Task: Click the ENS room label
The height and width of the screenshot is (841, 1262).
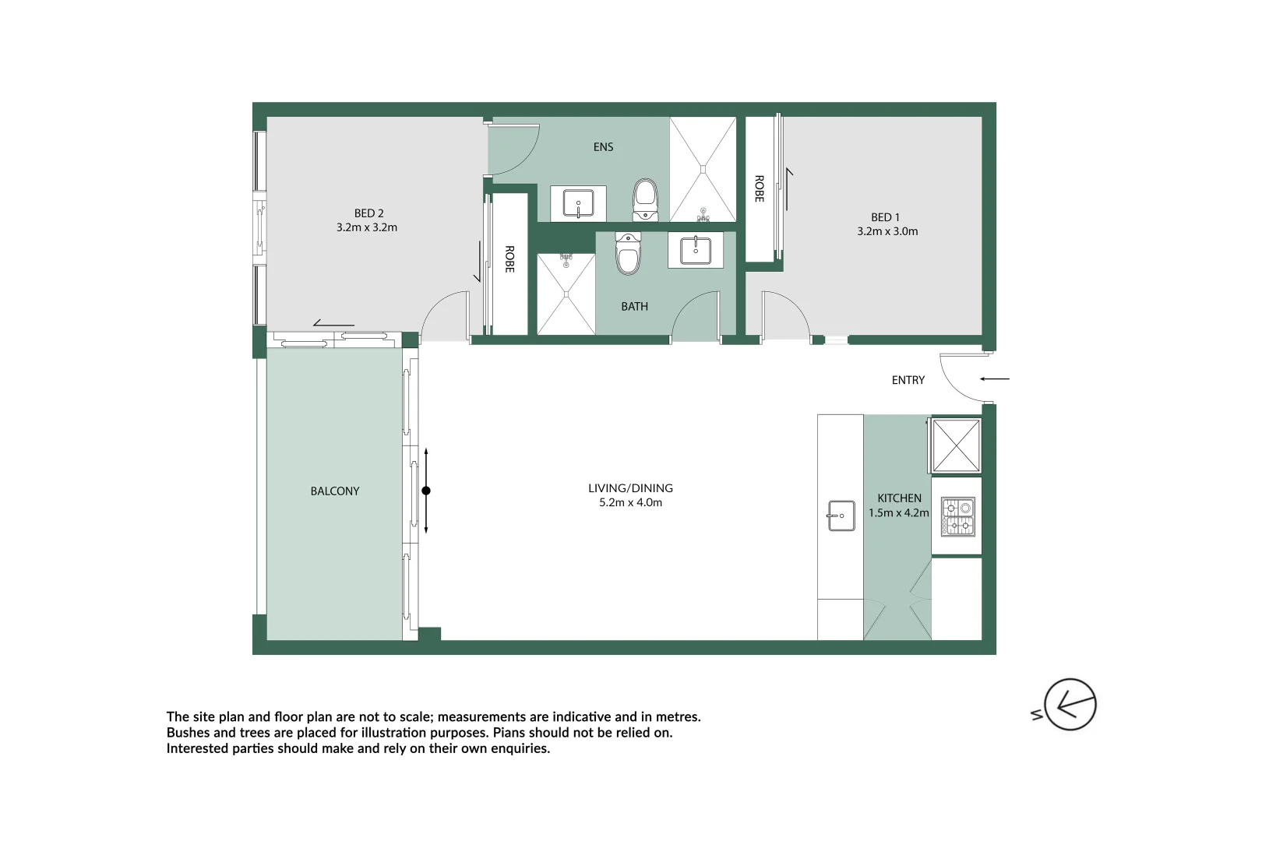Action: click(603, 147)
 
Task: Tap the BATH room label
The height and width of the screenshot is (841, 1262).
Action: click(634, 307)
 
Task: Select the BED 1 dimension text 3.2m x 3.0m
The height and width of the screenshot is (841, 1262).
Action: click(887, 231)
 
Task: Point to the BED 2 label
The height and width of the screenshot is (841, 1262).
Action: click(368, 213)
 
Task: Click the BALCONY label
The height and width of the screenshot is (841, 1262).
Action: click(335, 491)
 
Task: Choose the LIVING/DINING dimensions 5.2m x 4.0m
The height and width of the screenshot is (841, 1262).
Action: click(630, 503)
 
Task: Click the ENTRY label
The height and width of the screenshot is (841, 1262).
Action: click(908, 380)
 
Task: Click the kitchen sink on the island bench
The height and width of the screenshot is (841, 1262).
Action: click(841, 516)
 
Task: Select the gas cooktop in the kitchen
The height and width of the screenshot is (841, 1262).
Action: click(957, 517)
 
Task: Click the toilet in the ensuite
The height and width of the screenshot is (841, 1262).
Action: click(645, 200)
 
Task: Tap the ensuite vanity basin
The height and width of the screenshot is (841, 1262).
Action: click(578, 204)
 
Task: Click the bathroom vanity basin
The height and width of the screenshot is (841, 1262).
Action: click(695, 251)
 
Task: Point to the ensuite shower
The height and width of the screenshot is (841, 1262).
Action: click(703, 169)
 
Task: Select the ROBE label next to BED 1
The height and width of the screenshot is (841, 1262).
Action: click(759, 188)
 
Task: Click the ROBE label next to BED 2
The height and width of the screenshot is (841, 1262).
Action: click(509, 259)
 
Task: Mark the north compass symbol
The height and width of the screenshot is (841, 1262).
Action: click(1069, 706)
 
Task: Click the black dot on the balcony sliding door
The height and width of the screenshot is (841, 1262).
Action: click(426, 491)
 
